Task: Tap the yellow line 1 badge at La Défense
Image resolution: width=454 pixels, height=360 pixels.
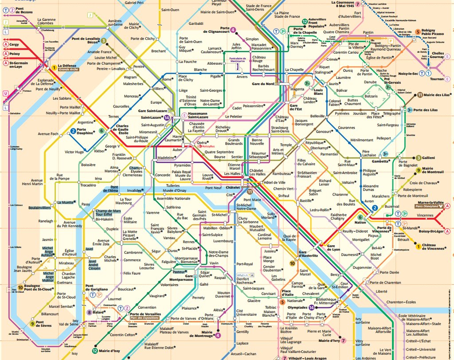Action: [54, 68]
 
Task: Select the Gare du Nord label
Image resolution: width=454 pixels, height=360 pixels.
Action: [263, 84]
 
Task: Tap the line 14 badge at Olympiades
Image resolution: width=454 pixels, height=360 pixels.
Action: [312, 307]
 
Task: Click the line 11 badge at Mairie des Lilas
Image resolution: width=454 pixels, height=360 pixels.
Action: [419, 95]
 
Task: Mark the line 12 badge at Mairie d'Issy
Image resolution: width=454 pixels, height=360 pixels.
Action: [94, 351]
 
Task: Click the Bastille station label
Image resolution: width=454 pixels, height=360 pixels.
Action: [306, 201]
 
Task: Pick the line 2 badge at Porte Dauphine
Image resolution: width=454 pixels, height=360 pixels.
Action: [73, 131]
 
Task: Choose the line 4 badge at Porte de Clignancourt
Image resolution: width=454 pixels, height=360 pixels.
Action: [233, 30]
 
